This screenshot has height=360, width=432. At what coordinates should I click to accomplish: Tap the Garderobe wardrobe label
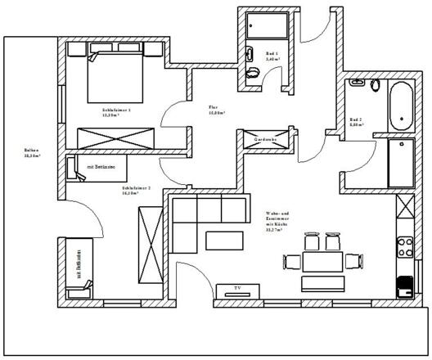pos(266,140)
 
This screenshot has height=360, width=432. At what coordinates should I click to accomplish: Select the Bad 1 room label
pos(272,55)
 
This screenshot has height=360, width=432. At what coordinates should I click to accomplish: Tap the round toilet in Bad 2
pos(376,85)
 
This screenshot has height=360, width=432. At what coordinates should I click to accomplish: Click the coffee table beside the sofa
pos(224,240)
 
